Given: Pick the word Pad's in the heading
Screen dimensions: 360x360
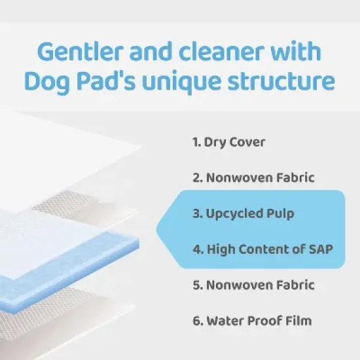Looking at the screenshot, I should click(x=108, y=82).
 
